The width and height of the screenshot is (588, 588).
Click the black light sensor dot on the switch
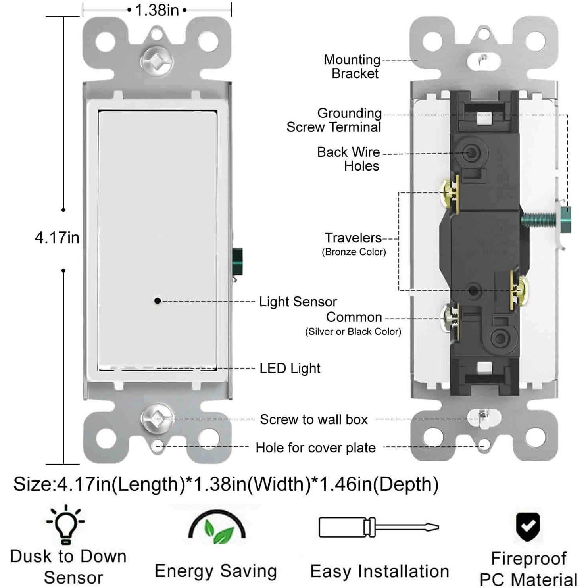pyautogui.click(x=158, y=301)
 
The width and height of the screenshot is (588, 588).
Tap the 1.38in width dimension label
pyautogui.click(x=157, y=10)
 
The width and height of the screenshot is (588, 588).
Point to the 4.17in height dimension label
pyautogui.click(x=57, y=238)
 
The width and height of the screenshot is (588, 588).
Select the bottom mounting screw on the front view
pyautogui.click(x=157, y=419)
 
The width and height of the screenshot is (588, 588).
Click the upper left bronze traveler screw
pyautogui.click(x=450, y=193)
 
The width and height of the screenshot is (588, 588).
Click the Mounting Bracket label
pyautogui.click(x=352, y=66)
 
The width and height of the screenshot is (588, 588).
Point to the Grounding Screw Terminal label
pyautogui.click(x=334, y=120)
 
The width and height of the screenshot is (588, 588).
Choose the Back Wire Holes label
pyautogui.click(x=348, y=159)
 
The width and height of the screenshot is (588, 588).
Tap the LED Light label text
pyautogui.click(x=290, y=368)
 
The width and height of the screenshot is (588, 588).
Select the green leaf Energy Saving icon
pyautogui.click(x=217, y=528)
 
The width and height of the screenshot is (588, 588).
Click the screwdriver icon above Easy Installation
pyautogui.click(x=379, y=527)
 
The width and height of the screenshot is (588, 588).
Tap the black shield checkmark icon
pyautogui.click(x=528, y=527)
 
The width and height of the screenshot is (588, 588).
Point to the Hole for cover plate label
pyautogui.click(x=315, y=448)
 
